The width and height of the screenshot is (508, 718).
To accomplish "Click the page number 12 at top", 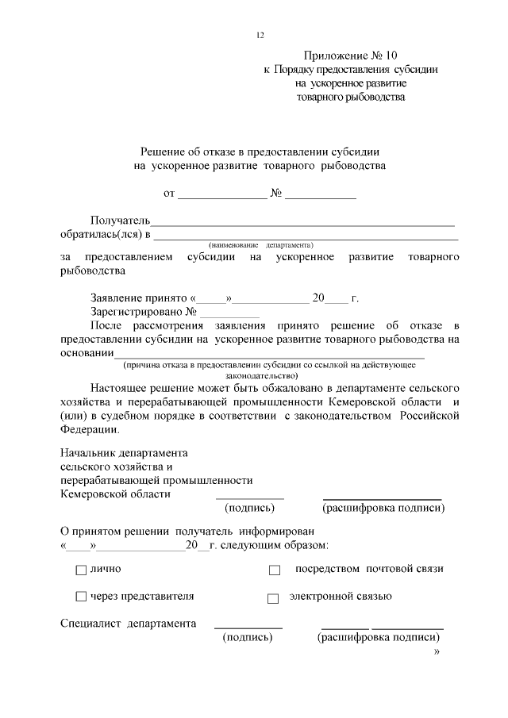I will tap(259, 35).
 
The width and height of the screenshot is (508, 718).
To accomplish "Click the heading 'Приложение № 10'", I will tap(350, 56).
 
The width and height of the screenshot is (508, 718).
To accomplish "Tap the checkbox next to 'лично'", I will tap(81, 570).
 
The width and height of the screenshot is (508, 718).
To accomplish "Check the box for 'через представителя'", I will tap(81, 597).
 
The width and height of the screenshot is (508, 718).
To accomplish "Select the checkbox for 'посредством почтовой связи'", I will tap(275, 570).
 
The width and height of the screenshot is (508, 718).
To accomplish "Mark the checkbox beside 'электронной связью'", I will tap(273, 598).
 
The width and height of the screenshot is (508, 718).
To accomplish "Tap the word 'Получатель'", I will tap(120, 219).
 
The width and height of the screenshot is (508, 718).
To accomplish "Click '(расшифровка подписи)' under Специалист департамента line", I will tap(379, 637).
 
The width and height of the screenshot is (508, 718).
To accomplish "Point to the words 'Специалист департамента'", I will tap(129, 623).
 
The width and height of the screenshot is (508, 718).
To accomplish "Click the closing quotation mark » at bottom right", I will tap(436, 652).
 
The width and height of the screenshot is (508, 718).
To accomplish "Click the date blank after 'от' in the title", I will tap(222, 194).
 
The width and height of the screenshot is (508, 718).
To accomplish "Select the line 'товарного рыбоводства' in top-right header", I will tap(350, 97).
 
